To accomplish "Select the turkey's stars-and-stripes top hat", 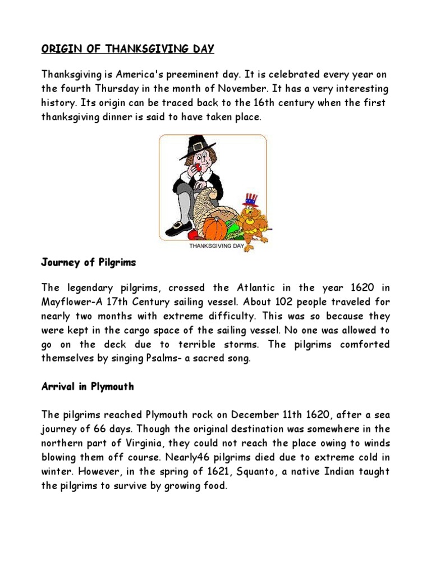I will click(250, 200).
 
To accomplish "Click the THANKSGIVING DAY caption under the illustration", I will click(216, 246).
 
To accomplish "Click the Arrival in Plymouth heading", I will click(88, 387).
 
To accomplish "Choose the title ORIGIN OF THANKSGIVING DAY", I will click(128, 49).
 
